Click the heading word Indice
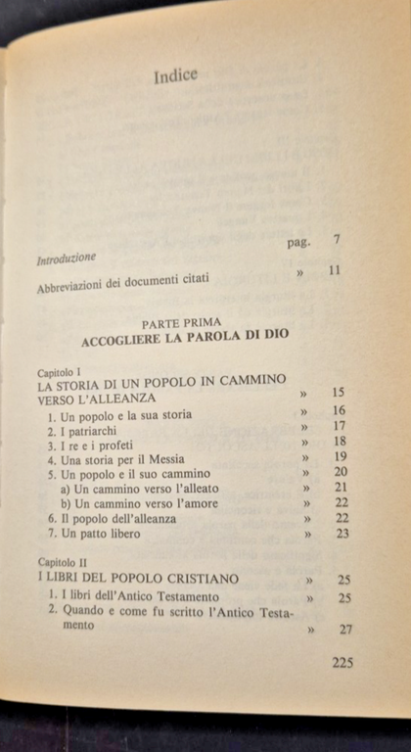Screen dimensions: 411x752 click(x=175, y=76)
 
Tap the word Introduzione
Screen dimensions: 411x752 click(x=66, y=259)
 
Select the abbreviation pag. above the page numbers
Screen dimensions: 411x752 click(x=298, y=242)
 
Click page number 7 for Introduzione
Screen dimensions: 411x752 click(x=336, y=238)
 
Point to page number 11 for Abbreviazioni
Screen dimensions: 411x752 click(x=334, y=270)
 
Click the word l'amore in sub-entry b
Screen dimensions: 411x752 click(x=188, y=503)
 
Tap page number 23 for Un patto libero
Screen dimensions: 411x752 click(x=342, y=534)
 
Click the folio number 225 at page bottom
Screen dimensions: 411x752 click(x=342, y=662)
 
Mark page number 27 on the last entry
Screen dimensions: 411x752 click(x=344, y=630)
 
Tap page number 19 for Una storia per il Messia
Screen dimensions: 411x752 click(x=340, y=457)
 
